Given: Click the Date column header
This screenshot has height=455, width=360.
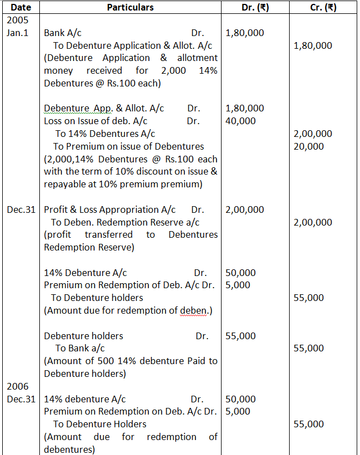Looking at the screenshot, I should pos(21,8).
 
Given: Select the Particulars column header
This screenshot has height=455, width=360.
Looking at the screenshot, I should pos(130,8).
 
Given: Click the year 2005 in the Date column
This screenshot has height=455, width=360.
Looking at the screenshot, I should pos(17,20).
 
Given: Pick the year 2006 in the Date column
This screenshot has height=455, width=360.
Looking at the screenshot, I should pos(17,386).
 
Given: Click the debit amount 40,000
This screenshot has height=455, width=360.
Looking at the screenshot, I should pos(241,121).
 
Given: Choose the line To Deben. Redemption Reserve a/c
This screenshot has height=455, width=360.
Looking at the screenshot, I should pos(125,222).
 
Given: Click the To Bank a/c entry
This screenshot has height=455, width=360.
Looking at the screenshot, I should pos(80,348).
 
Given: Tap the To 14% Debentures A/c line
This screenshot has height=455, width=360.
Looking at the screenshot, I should pos(105,134).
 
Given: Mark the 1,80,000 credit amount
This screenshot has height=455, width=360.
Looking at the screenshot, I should pos(313,45).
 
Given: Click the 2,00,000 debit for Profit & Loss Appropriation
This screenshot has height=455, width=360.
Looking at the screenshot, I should pos(245,209).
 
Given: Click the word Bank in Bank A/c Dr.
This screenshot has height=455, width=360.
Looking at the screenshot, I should pos(54,33).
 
